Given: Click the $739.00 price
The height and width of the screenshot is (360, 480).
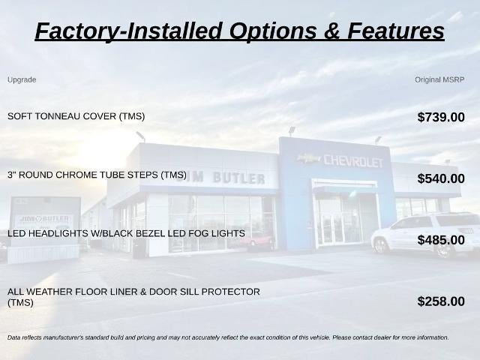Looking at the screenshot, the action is pyautogui.click(x=441, y=117).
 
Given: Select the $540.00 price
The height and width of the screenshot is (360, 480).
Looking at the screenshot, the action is pyautogui.click(x=441, y=178).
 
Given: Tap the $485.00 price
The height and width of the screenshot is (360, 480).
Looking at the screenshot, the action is pyautogui.click(x=441, y=240).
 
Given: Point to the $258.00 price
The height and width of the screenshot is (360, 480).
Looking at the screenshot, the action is pyautogui.click(x=441, y=301).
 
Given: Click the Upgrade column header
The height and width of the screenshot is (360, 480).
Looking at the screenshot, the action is pyautogui.click(x=22, y=80).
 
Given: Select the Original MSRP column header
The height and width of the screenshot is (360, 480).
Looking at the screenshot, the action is pyautogui.click(x=439, y=80).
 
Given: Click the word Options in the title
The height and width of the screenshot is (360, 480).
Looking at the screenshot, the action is pyautogui.click(x=273, y=31).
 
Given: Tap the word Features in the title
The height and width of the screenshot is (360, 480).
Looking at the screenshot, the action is pyautogui.click(x=395, y=31).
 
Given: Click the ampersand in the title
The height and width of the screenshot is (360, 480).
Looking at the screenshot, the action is pyautogui.click(x=331, y=31).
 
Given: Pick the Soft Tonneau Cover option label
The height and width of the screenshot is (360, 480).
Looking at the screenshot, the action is pyautogui.click(x=76, y=116).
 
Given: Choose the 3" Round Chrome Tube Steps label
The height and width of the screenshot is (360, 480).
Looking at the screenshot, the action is pyautogui.click(x=97, y=175).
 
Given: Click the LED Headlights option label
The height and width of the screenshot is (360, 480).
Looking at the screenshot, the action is pyautogui.click(x=126, y=233).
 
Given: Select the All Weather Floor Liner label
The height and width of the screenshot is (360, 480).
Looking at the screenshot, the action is pyautogui.click(x=133, y=297).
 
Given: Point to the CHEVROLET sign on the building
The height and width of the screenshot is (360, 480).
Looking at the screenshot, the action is pyautogui.click(x=353, y=160).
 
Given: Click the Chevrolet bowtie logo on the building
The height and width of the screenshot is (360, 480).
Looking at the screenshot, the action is pyautogui.click(x=309, y=158).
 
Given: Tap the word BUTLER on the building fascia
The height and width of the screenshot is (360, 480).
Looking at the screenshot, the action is pyautogui.click(x=238, y=178).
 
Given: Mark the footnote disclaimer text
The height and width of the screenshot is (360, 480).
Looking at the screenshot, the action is pyautogui.click(x=228, y=337).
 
